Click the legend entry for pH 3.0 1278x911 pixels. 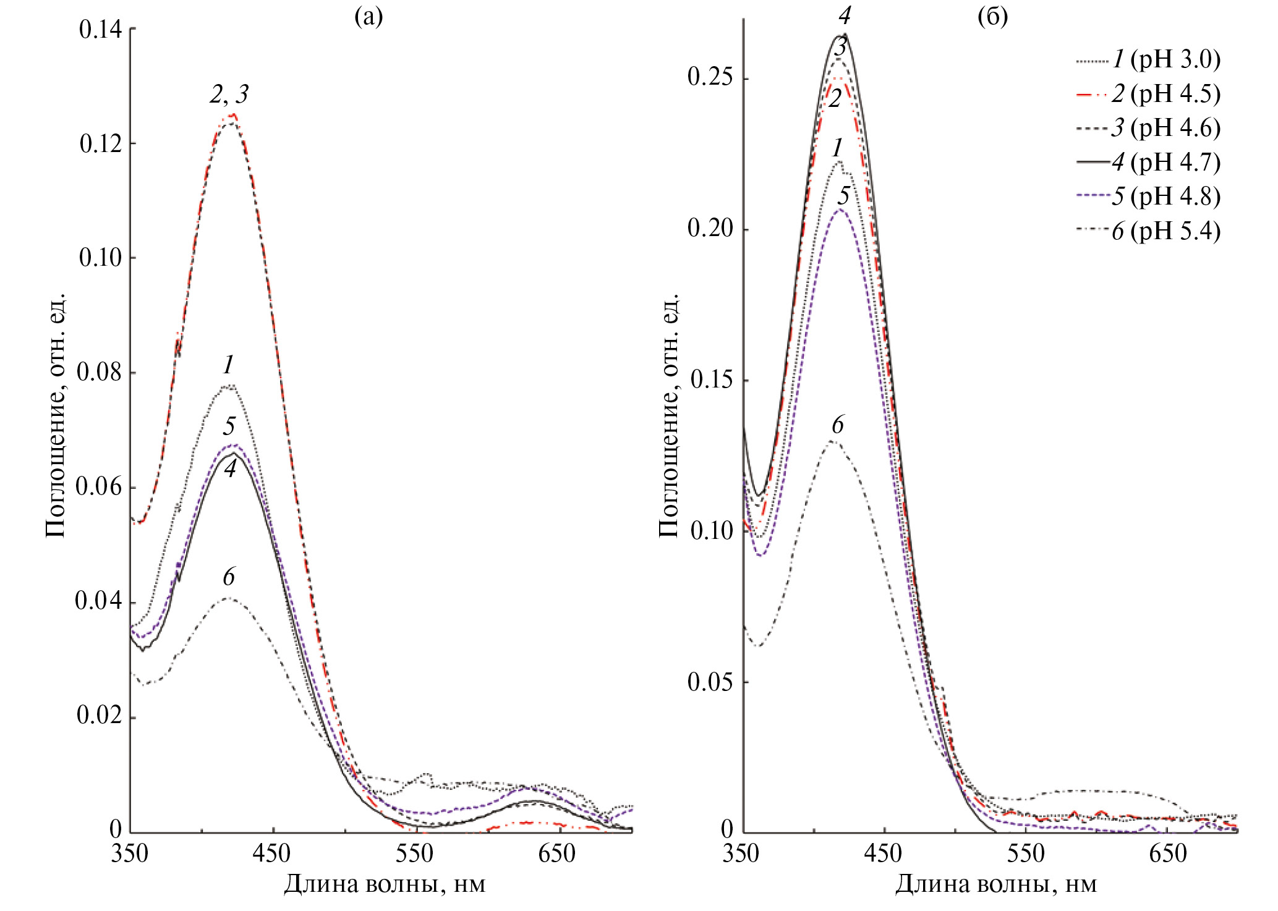[1166, 59]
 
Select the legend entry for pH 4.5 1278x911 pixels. [1166, 93]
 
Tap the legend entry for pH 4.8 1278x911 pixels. [1166, 196]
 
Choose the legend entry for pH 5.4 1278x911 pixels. [1166, 231]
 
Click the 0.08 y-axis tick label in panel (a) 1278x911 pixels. [99, 372]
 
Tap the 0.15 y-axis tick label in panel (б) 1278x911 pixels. [710, 379]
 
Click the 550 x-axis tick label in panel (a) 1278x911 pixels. [415, 854]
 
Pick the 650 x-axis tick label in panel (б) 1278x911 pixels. [1168, 854]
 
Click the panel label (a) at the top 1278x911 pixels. [368, 17]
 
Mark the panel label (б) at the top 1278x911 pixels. [992, 17]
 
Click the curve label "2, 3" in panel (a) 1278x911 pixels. [229, 95]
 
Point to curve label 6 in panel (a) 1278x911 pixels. [229, 577]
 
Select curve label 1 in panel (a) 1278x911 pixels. [229, 365]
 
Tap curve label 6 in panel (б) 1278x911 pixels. [838, 425]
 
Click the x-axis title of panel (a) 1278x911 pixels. [385, 884]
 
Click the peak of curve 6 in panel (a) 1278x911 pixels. [228, 598]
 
